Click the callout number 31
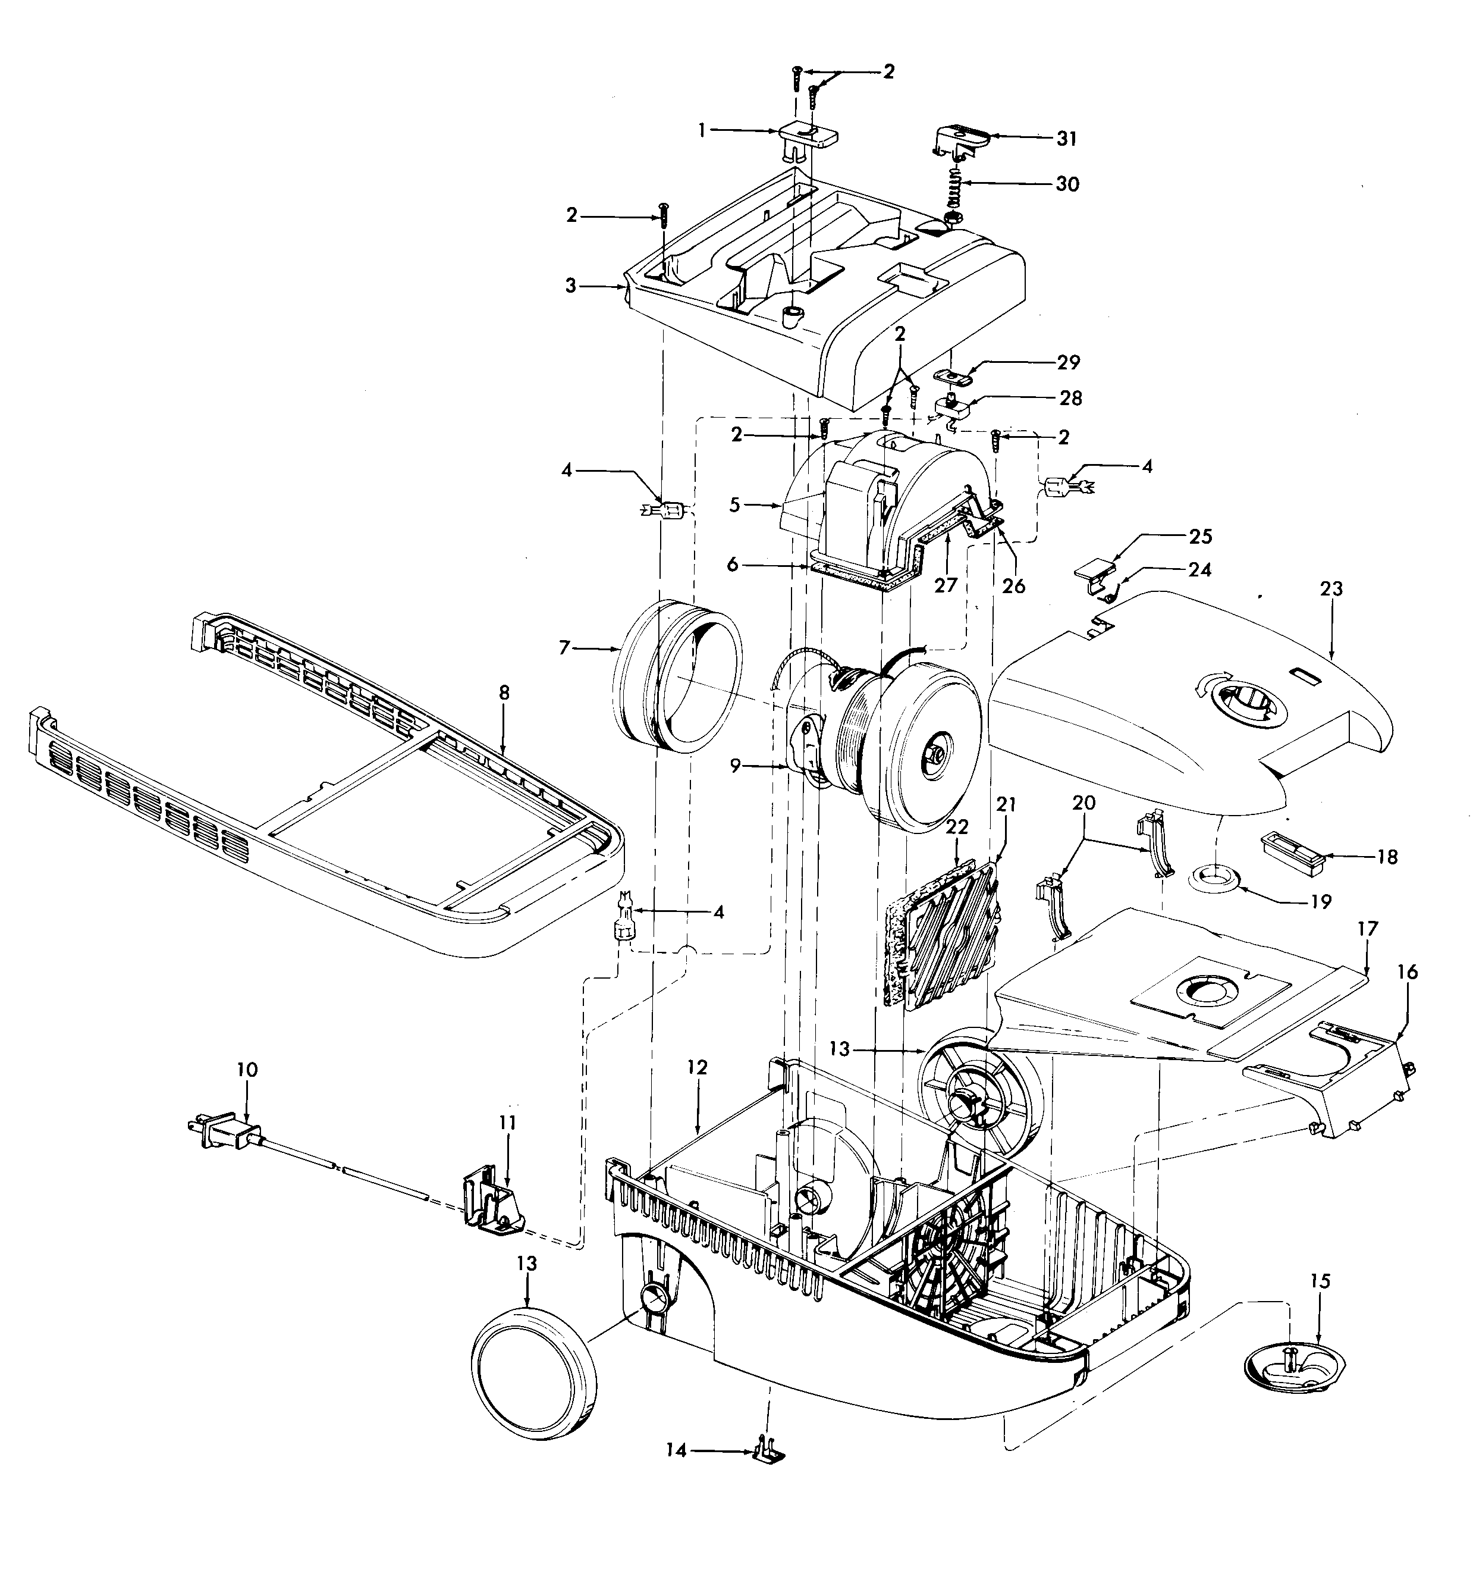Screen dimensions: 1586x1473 [1066, 139]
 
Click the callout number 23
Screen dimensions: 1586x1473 [1331, 590]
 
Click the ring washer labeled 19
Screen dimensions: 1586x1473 [1216, 880]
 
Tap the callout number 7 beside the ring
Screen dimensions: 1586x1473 [564, 648]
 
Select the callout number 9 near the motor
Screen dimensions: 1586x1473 [735, 766]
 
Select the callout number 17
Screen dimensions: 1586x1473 [1368, 929]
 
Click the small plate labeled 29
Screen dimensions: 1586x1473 [955, 375]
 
